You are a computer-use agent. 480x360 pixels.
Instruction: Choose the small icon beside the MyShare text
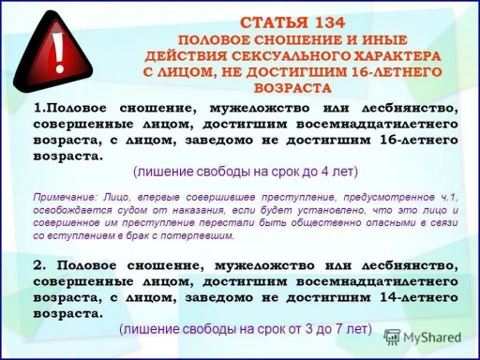[x=393, y=337]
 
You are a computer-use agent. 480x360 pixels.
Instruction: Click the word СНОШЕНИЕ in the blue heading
[x=272, y=38]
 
